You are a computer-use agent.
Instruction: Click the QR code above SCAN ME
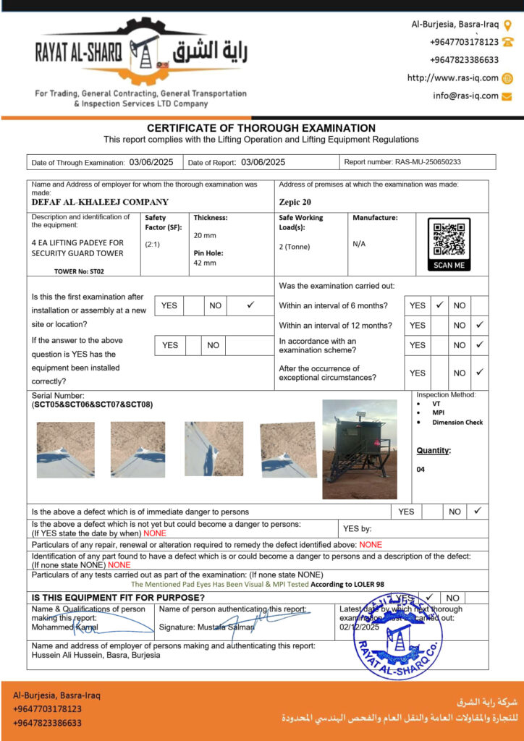point(449,240)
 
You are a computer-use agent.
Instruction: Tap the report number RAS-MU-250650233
point(428,163)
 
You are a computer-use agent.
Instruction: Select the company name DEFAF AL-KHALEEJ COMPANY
point(100,203)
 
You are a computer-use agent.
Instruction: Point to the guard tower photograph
point(360,449)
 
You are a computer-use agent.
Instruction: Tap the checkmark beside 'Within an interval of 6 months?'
point(439,305)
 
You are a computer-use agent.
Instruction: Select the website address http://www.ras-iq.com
point(452,78)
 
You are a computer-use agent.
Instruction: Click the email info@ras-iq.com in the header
point(465,96)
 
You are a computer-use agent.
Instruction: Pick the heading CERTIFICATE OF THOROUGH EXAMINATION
point(261,128)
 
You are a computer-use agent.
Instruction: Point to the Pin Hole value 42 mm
point(205,263)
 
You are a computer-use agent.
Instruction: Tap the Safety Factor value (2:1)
point(153,245)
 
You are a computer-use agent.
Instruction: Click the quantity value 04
point(421,470)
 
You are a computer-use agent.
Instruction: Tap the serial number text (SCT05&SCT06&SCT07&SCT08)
point(92,405)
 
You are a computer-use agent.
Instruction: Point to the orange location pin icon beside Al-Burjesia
point(508,25)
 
